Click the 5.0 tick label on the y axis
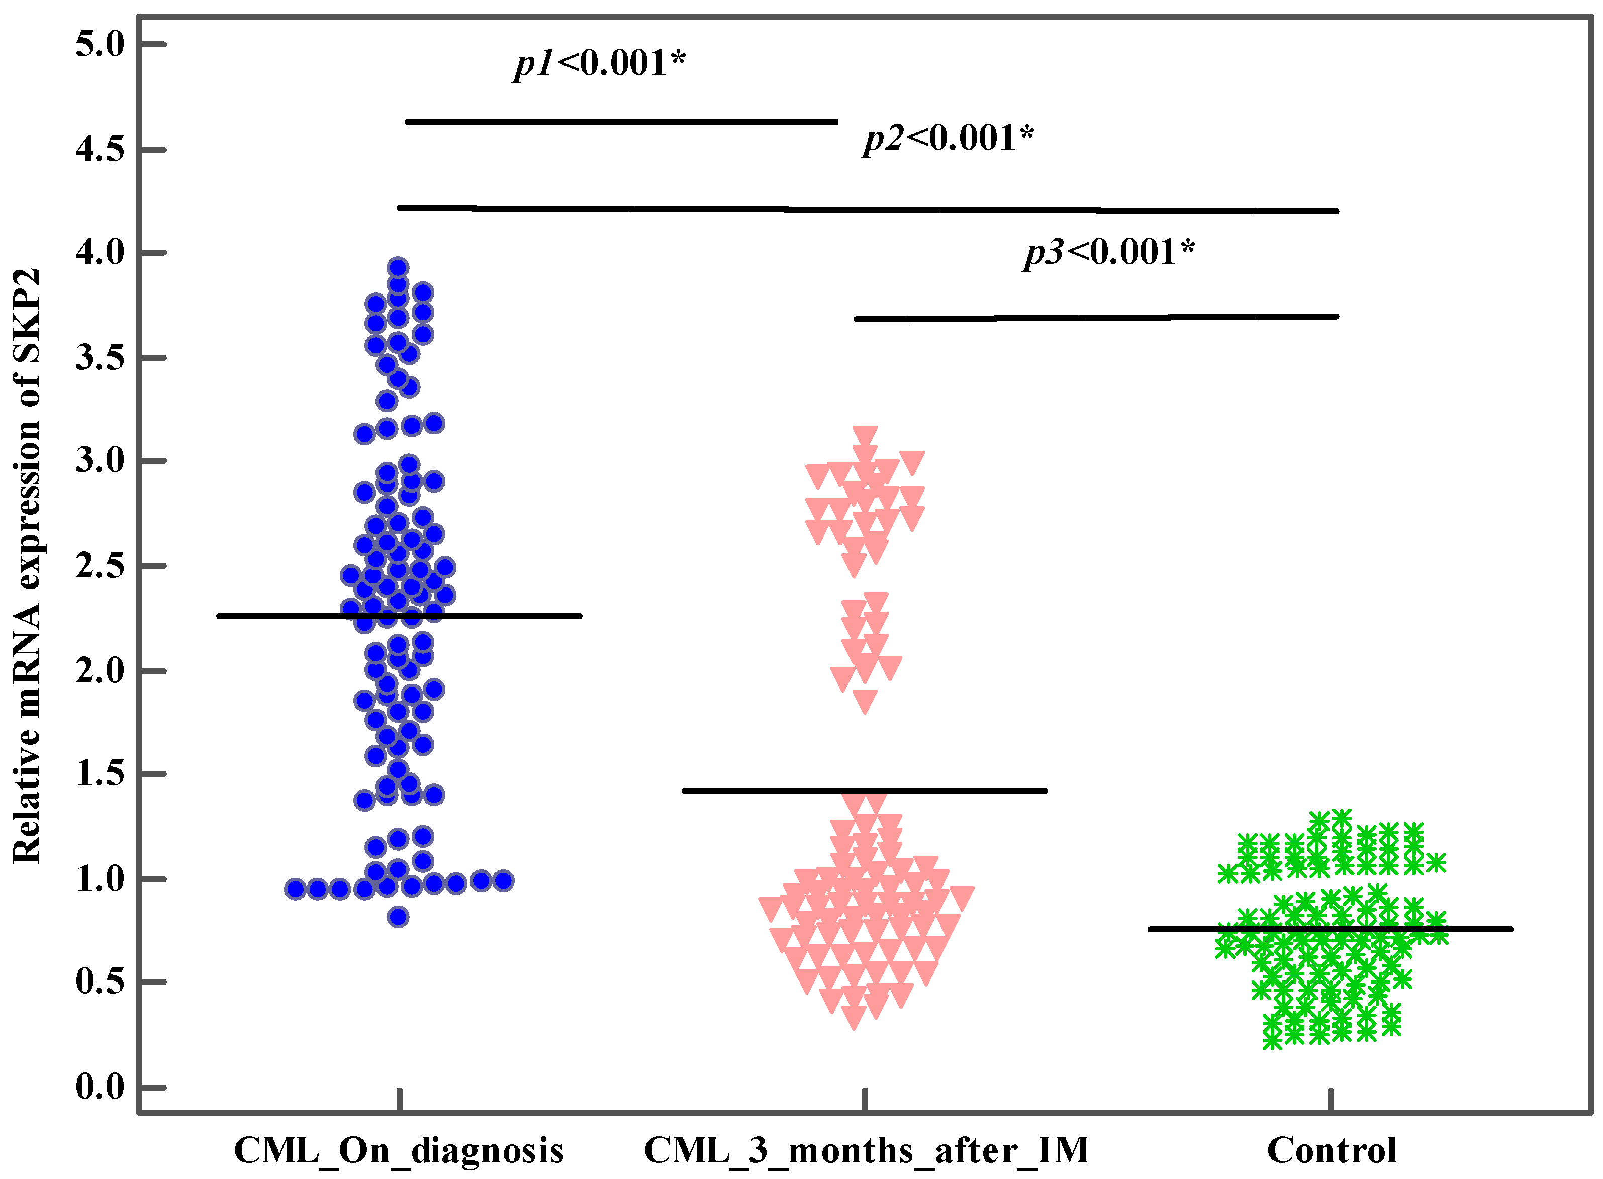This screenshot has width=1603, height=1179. click(100, 44)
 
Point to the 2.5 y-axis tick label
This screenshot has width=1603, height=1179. click(100, 566)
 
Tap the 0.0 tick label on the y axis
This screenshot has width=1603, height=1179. click(100, 1088)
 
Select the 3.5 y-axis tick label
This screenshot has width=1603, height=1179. click(100, 357)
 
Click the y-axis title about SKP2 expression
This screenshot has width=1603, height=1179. click(27, 566)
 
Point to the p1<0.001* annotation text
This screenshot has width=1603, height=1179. click(600, 63)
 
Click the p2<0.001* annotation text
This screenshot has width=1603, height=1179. click(948, 138)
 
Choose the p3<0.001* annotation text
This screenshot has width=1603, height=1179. click(1109, 252)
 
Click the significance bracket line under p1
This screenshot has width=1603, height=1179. click(621, 122)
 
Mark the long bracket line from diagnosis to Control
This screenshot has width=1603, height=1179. click(867, 209)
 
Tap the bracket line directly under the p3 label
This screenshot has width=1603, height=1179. click(1095, 318)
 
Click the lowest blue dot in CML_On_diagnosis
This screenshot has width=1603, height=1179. click(398, 917)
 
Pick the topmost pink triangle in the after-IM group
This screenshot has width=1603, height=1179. click(865, 435)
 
